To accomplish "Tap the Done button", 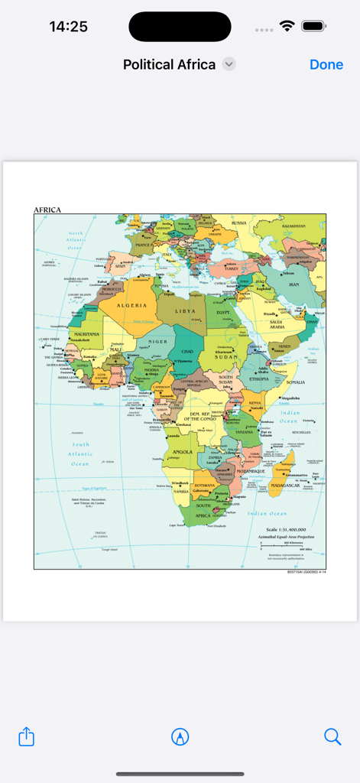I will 326,65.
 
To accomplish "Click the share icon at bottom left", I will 27,736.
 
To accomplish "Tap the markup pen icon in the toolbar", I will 180,736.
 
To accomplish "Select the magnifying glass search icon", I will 332,736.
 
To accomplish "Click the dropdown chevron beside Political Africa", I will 229,65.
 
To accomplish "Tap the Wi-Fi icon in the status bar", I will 287,26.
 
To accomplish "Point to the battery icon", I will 314,26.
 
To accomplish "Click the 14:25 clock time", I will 68,26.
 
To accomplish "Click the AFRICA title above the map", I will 47,210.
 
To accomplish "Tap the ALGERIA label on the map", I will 131,305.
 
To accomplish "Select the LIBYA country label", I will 186,311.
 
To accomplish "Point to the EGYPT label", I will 223,313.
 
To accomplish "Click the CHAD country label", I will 186,351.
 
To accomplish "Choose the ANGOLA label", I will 183,451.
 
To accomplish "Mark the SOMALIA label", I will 295,382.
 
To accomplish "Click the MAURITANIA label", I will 86,334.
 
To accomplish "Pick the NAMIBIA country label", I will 180,491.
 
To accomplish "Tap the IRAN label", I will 293,284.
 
